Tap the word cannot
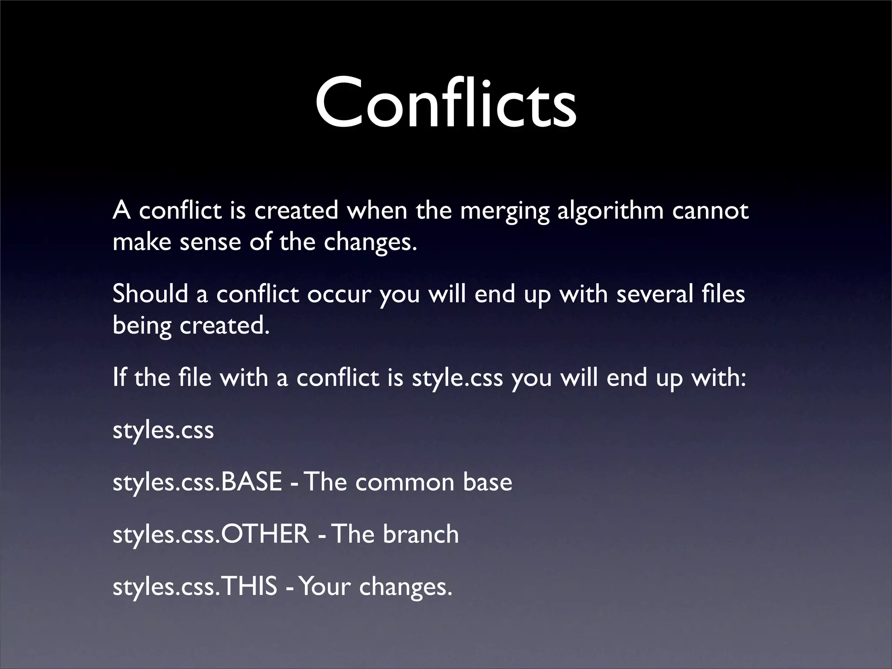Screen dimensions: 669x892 pyautogui.click(x=710, y=211)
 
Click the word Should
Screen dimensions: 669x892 pyautogui.click(x=151, y=294)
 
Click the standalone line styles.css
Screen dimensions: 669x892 pyautogui.click(x=163, y=431)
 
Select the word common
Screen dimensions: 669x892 pyautogui.click(x=405, y=483)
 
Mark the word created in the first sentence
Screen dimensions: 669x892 pyautogui.click(x=296, y=211)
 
